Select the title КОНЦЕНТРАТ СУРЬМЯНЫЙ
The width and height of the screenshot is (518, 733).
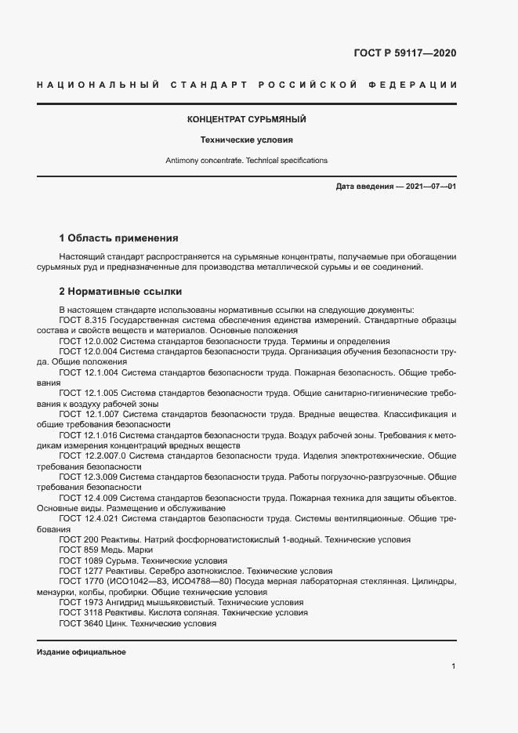(246, 120)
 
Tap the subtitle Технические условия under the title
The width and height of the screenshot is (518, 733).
(246, 140)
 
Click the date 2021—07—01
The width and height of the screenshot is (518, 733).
(432, 187)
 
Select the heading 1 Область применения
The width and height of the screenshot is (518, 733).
(119, 238)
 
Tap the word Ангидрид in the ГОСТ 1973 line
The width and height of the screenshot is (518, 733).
(139, 602)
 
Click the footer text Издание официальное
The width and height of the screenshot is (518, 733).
(82, 652)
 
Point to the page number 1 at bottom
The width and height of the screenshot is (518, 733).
(454, 666)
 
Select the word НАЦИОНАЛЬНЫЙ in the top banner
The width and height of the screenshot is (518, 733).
(98, 84)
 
